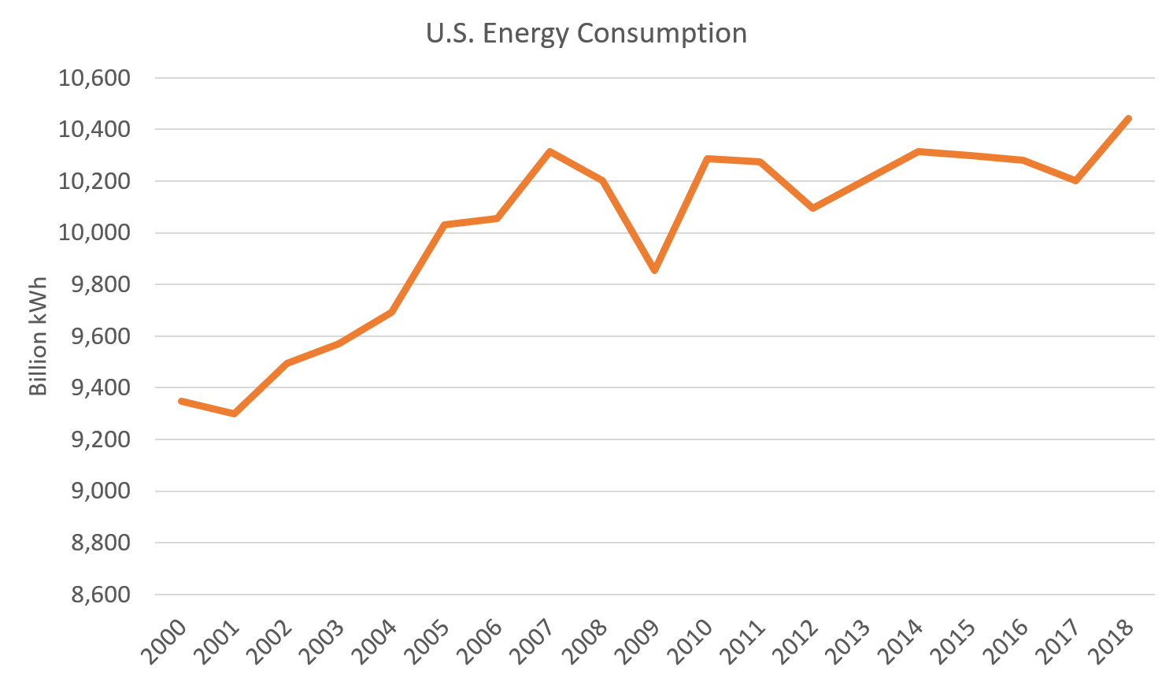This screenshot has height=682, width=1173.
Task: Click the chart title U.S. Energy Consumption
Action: coord(586,34)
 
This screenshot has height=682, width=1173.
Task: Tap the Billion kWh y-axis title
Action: coord(39,336)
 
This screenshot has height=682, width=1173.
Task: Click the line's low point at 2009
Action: coord(654,271)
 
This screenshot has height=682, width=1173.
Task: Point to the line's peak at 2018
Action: coord(1128,118)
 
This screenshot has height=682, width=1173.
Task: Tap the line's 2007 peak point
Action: coord(549,150)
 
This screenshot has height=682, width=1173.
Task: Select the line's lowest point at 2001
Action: coord(234,414)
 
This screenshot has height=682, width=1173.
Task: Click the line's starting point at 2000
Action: coord(181,401)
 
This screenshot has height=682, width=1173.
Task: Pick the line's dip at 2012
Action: coord(812,209)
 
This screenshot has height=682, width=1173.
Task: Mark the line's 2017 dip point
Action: coord(1075,181)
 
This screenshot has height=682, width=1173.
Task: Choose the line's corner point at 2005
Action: coord(444,224)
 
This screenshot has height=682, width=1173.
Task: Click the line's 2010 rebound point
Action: coord(707,158)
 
